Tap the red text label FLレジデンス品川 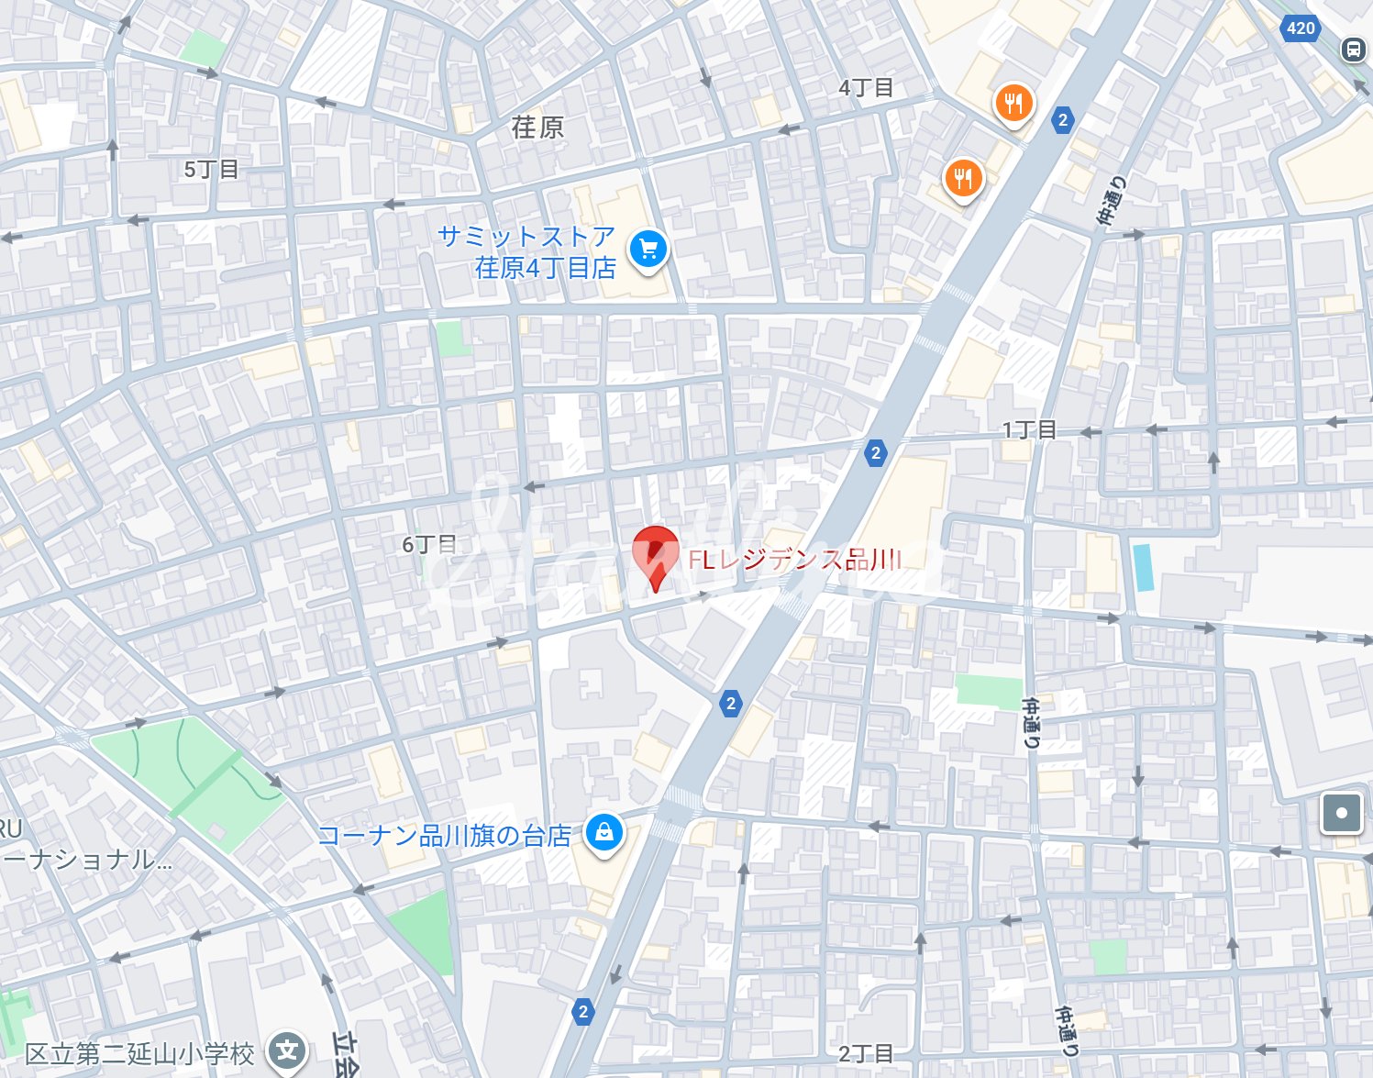pos(794,560)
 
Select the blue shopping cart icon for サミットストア pos(648,249)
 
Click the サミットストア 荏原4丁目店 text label pos(527,251)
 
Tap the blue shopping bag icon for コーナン pos(603,832)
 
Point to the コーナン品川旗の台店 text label pos(444,836)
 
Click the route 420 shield pos(1301,28)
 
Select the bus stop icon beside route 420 pos(1354,50)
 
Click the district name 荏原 pos(537,128)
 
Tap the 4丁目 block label pos(865,88)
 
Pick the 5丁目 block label pos(211,170)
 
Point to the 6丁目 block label pos(429,544)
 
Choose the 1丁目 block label pos(1029,430)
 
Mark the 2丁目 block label pos(865,1053)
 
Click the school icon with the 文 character pos(287,1050)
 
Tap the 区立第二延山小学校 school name pos(139,1054)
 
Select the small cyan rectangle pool pos(1142,567)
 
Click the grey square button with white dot pos(1341,813)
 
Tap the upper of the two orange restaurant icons pos(1013,103)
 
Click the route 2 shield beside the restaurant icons pos(1062,120)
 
